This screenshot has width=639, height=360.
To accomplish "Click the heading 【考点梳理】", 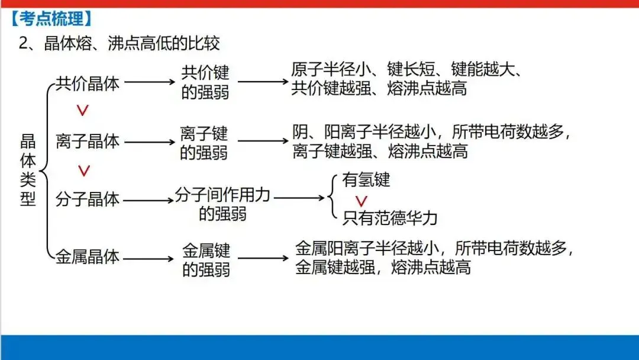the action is coord(52,19).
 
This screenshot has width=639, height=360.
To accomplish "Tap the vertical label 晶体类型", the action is coord(28,170).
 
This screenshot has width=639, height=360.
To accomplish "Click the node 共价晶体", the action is coord(88,83).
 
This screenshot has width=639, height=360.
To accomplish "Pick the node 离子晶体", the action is coord(88,141).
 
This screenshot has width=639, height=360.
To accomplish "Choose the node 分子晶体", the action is coord(88,200).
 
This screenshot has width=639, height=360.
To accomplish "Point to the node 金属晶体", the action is coord(88,257).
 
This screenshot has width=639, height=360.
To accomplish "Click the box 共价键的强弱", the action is coord(205,83).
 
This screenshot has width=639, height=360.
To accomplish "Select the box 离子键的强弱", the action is coord(204,142).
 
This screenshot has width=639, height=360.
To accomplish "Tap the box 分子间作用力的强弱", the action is coord(222,204).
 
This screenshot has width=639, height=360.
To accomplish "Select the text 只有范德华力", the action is coord(390,218).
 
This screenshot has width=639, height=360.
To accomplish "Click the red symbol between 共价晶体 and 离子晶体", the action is coord(83,111).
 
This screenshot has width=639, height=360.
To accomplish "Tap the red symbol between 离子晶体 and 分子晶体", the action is coord(84,171).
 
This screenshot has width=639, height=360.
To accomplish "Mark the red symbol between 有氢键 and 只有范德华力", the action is coord(361,201).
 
